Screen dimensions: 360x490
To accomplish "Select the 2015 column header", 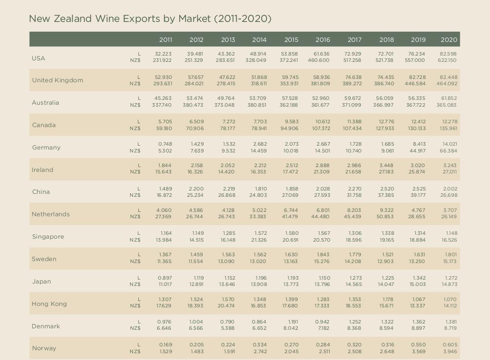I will (291, 39).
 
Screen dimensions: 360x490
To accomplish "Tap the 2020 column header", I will (449, 39).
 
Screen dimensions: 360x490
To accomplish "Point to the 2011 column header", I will (166, 39).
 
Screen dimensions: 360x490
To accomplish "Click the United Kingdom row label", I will (57, 80).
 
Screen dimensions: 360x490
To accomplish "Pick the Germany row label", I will (46, 148).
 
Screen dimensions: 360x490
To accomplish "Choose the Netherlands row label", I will (51, 214).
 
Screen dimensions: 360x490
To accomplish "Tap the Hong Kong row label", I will (49, 304).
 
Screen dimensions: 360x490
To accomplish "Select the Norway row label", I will (44, 348).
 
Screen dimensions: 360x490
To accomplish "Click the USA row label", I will (38, 58).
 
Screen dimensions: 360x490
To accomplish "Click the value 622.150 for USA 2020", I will (447, 60).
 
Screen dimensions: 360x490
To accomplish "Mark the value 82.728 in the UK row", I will (417, 77).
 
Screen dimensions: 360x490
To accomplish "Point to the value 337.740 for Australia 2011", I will (162, 105).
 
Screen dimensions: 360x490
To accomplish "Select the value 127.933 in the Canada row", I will (385, 129).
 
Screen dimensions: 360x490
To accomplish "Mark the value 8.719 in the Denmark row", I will (450, 328).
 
